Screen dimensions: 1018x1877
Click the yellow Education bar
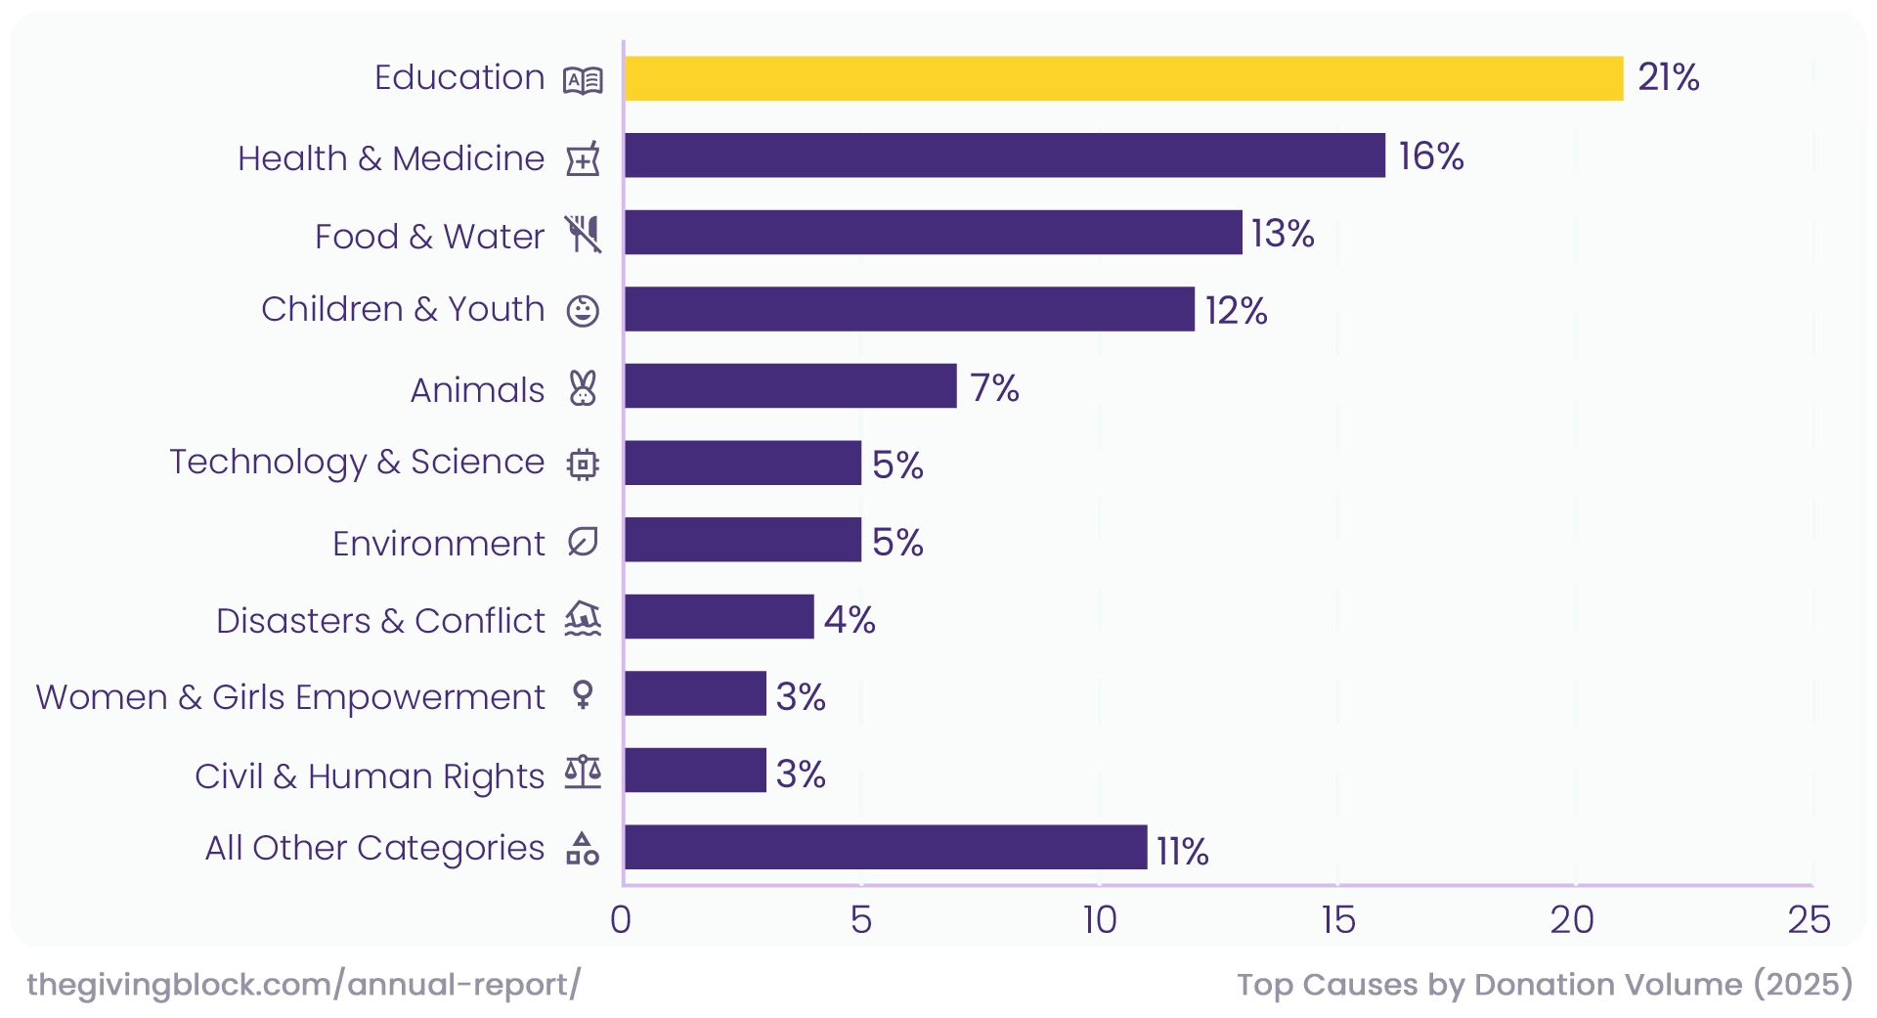[1123, 78]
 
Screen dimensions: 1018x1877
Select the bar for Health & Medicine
[1004, 155]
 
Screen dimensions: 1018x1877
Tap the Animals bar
[790, 386]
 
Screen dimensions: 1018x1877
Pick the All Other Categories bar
[885, 847]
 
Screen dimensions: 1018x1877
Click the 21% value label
[1668, 77]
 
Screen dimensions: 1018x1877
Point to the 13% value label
[1282, 234]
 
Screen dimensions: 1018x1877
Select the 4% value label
[849, 619]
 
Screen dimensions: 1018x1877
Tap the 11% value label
[1182, 851]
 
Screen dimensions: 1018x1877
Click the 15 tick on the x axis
[1337, 920]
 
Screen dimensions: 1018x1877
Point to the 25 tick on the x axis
[1808, 920]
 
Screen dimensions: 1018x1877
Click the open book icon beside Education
[583, 80]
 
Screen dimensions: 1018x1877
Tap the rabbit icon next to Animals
[583, 388]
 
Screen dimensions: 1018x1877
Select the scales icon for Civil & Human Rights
[583, 773]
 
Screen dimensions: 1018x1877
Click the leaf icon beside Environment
[583, 542]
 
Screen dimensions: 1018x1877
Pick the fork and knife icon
[583, 235]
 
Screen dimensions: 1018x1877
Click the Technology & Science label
[357, 462]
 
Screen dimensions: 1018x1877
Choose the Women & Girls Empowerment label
[290, 697]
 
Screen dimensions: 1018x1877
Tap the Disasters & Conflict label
[380, 621]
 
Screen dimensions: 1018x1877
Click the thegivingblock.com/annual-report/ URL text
[303, 984]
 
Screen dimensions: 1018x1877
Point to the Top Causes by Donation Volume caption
[1544, 984]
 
